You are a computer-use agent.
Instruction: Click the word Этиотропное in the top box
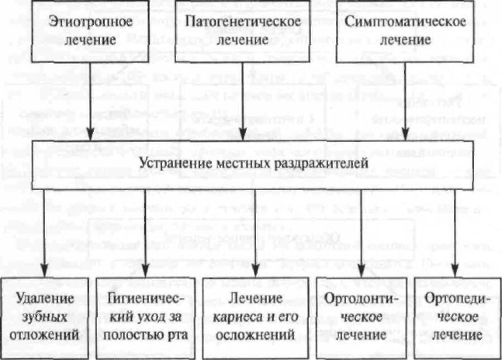[90, 22]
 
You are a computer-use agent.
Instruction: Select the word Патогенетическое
[243, 22]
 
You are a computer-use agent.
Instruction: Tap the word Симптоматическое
[405, 22]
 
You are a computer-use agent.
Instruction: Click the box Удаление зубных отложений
[45, 317]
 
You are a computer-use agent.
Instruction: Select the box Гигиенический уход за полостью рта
[146, 317]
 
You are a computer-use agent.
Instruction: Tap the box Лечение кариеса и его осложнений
[255, 317]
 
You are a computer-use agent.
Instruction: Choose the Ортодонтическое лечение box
[362, 317]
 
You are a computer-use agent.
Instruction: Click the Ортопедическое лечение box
[458, 317]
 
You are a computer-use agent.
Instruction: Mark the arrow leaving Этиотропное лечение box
[90, 101]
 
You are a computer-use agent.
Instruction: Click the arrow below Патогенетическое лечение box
[243, 101]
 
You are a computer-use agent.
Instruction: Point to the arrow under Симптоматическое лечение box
[405, 101]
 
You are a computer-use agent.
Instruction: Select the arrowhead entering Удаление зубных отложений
[45, 271]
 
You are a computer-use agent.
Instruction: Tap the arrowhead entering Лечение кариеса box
[255, 271]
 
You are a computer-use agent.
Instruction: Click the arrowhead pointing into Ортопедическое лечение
[455, 271]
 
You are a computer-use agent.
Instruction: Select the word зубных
[44, 317]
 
